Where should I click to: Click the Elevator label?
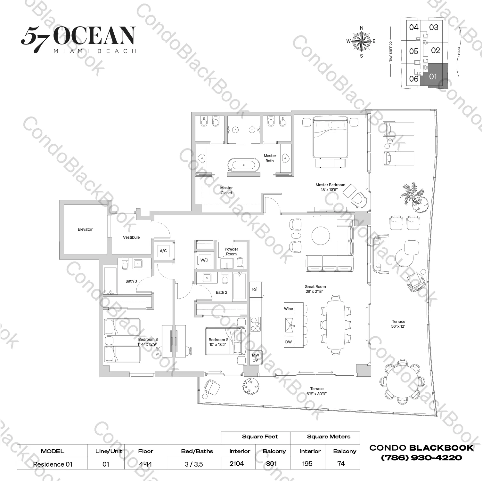(x=85, y=229)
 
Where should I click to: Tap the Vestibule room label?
(x=131, y=237)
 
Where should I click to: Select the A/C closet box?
(x=163, y=251)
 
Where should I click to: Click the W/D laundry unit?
(x=204, y=260)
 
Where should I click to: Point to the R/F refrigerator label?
(x=255, y=289)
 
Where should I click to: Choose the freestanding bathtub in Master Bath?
(x=244, y=165)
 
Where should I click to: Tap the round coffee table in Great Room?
(x=321, y=236)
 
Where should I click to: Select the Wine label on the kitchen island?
(x=289, y=309)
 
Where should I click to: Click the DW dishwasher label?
(x=289, y=342)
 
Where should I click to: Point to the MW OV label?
(x=255, y=358)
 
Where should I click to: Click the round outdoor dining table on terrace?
(x=402, y=381)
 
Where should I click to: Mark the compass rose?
(x=361, y=42)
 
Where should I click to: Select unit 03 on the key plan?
(x=434, y=28)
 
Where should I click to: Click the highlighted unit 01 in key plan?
(x=433, y=76)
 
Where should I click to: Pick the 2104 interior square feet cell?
(x=237, y=464)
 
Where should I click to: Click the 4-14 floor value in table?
(x=145, y=464)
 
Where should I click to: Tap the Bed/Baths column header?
(x=197, y=451)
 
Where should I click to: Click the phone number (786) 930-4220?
(x=421, y=458)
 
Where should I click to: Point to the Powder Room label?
(x=231, y=252)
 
